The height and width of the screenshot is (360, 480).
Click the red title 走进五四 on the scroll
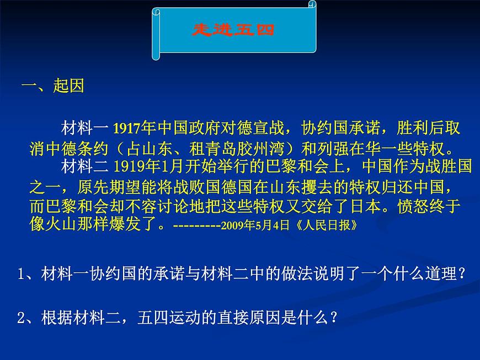pyautogui.click(x=234, y=30)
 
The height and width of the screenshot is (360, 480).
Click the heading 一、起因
pyautogui.click(x=52, y=87)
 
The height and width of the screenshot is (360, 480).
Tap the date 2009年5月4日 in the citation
pyautogui.click(x=254, y=226)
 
